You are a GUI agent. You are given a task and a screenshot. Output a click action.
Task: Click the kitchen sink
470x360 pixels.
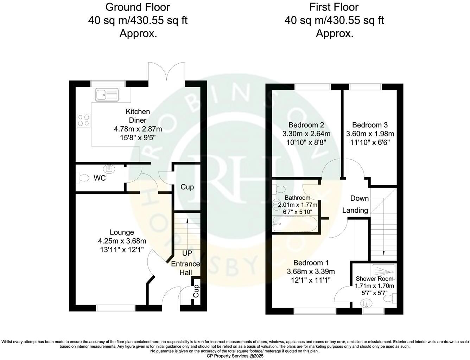[107, 94]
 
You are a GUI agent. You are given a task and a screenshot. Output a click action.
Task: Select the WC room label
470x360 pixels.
[100, 178]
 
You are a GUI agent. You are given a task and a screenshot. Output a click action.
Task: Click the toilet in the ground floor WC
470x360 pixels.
[83, 178]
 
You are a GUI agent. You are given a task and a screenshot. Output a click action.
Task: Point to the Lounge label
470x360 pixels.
[122, 232]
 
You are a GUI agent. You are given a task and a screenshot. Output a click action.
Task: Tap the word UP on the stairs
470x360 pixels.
[187, 253]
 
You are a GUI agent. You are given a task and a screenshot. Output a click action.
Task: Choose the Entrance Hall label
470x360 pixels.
[185, 268]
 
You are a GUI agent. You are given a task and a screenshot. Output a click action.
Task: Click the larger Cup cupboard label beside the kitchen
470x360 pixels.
[187, 187]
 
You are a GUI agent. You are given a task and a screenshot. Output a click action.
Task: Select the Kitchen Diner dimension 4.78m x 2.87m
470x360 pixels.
[138, 129]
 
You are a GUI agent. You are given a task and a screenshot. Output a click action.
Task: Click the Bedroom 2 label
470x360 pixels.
[306, 125]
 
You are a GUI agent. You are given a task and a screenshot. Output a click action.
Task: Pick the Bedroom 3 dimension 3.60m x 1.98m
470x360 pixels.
[370, 134]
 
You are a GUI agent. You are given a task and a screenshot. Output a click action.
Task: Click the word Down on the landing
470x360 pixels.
[359, 198]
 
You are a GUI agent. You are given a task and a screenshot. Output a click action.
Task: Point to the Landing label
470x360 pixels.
[355, 210]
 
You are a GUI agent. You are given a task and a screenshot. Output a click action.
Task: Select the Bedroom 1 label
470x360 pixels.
[311, 263]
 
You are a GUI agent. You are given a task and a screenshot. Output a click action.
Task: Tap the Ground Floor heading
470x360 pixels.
[138, 7]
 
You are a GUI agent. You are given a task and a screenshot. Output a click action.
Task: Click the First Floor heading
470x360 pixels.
[334, 7]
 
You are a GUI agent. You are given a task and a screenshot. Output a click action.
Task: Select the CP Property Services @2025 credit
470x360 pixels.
[235, 356]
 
